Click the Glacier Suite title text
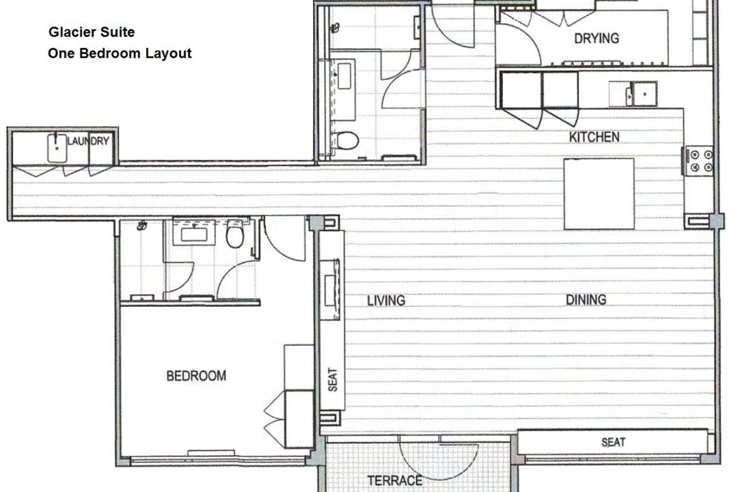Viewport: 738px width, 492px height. click(92, 32)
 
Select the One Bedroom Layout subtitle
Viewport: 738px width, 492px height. click(120, 53)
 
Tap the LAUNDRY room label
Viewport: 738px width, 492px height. click(88, 141)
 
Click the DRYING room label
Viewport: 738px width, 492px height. click(597, 38)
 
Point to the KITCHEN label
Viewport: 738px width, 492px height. click(594, 137)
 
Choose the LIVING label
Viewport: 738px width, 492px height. click(386, 301)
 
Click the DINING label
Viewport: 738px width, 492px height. click(586, 299)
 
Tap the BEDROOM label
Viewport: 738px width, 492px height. click(196, 376)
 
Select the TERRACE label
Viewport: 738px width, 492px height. click(394, 480)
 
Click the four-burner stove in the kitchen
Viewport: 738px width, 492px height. click(700, 161)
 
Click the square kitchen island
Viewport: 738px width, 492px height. click(599, 194)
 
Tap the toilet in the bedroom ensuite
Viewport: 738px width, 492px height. click(235, 234)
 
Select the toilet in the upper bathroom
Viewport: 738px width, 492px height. click(346, 140)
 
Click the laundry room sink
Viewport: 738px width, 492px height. click(57, 148)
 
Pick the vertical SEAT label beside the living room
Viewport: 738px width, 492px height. click(333, 379)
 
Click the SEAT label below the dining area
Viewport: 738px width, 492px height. click(613, 442)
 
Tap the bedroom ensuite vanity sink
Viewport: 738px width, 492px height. click(194, 233)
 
